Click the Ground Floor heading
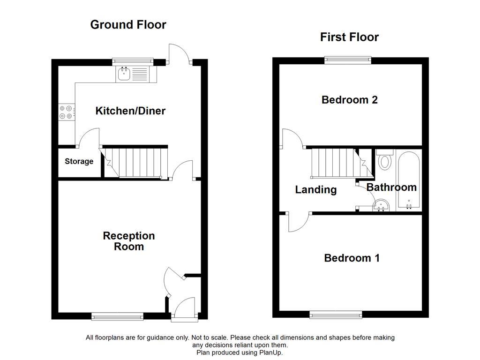[x=128, y=25]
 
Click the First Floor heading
[x=349, y=37]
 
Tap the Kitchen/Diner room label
[x=130, y=111]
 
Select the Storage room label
[x=79, y=162]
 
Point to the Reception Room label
[x=129, y=241]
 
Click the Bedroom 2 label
[x=350, y=100]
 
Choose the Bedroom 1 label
[x=352, y=258]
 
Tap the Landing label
[x=315, y=190]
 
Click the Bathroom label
[x=391, y=187]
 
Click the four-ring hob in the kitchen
[x=66, y=112]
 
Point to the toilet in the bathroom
[x=385, y=160]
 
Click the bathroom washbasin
[x=381, y=205]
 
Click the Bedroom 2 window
[x=347, y=60]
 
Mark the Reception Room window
[x=118, y=316]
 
